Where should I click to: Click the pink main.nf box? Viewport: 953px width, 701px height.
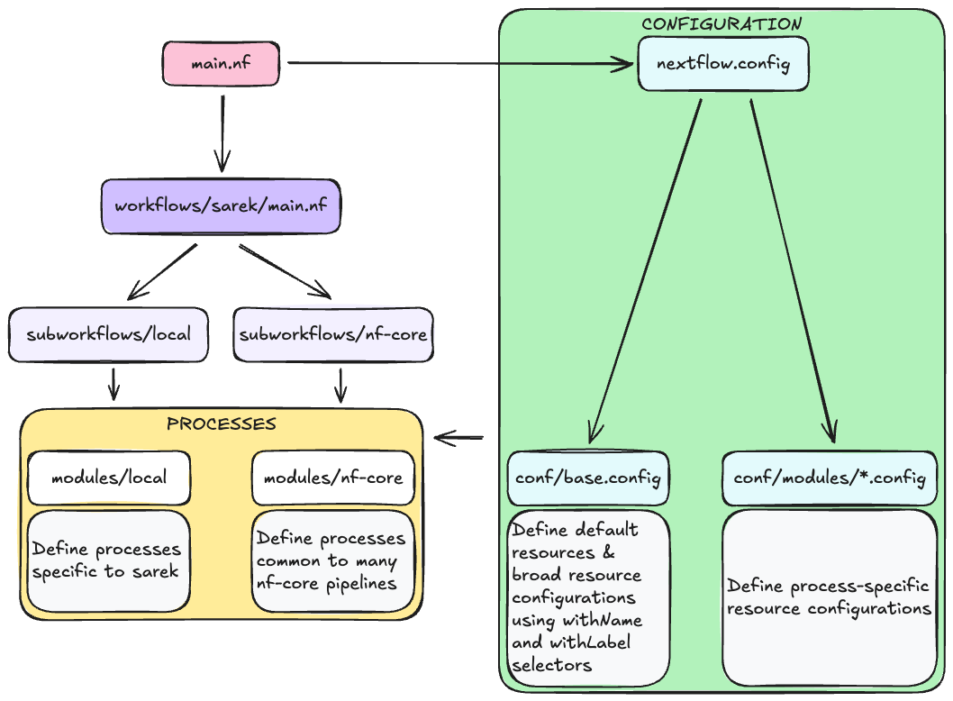point(221,63)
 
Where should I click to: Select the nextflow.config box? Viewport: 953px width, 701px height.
point(723,63)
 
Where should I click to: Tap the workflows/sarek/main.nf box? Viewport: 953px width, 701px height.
point(221,205)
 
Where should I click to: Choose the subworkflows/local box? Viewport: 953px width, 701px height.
point(109,334)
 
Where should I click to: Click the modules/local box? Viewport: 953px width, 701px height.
point(109,478)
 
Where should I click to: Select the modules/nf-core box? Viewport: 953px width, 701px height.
point(333,478)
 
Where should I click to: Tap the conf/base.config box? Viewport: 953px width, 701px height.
point(588,478)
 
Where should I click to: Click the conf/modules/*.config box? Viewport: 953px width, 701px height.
point(830,478)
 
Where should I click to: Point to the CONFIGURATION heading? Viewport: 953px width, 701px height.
point(722,23)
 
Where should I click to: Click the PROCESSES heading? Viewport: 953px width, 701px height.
point(222,423)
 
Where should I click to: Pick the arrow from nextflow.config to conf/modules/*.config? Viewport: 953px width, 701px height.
point(793,270)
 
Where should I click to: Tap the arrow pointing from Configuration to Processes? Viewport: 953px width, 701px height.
point(459,439)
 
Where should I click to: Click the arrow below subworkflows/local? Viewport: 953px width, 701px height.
point(113,383)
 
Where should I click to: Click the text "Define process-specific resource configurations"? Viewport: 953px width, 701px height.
point(829,597)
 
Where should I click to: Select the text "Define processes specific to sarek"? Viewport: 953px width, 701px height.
point(106,560)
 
